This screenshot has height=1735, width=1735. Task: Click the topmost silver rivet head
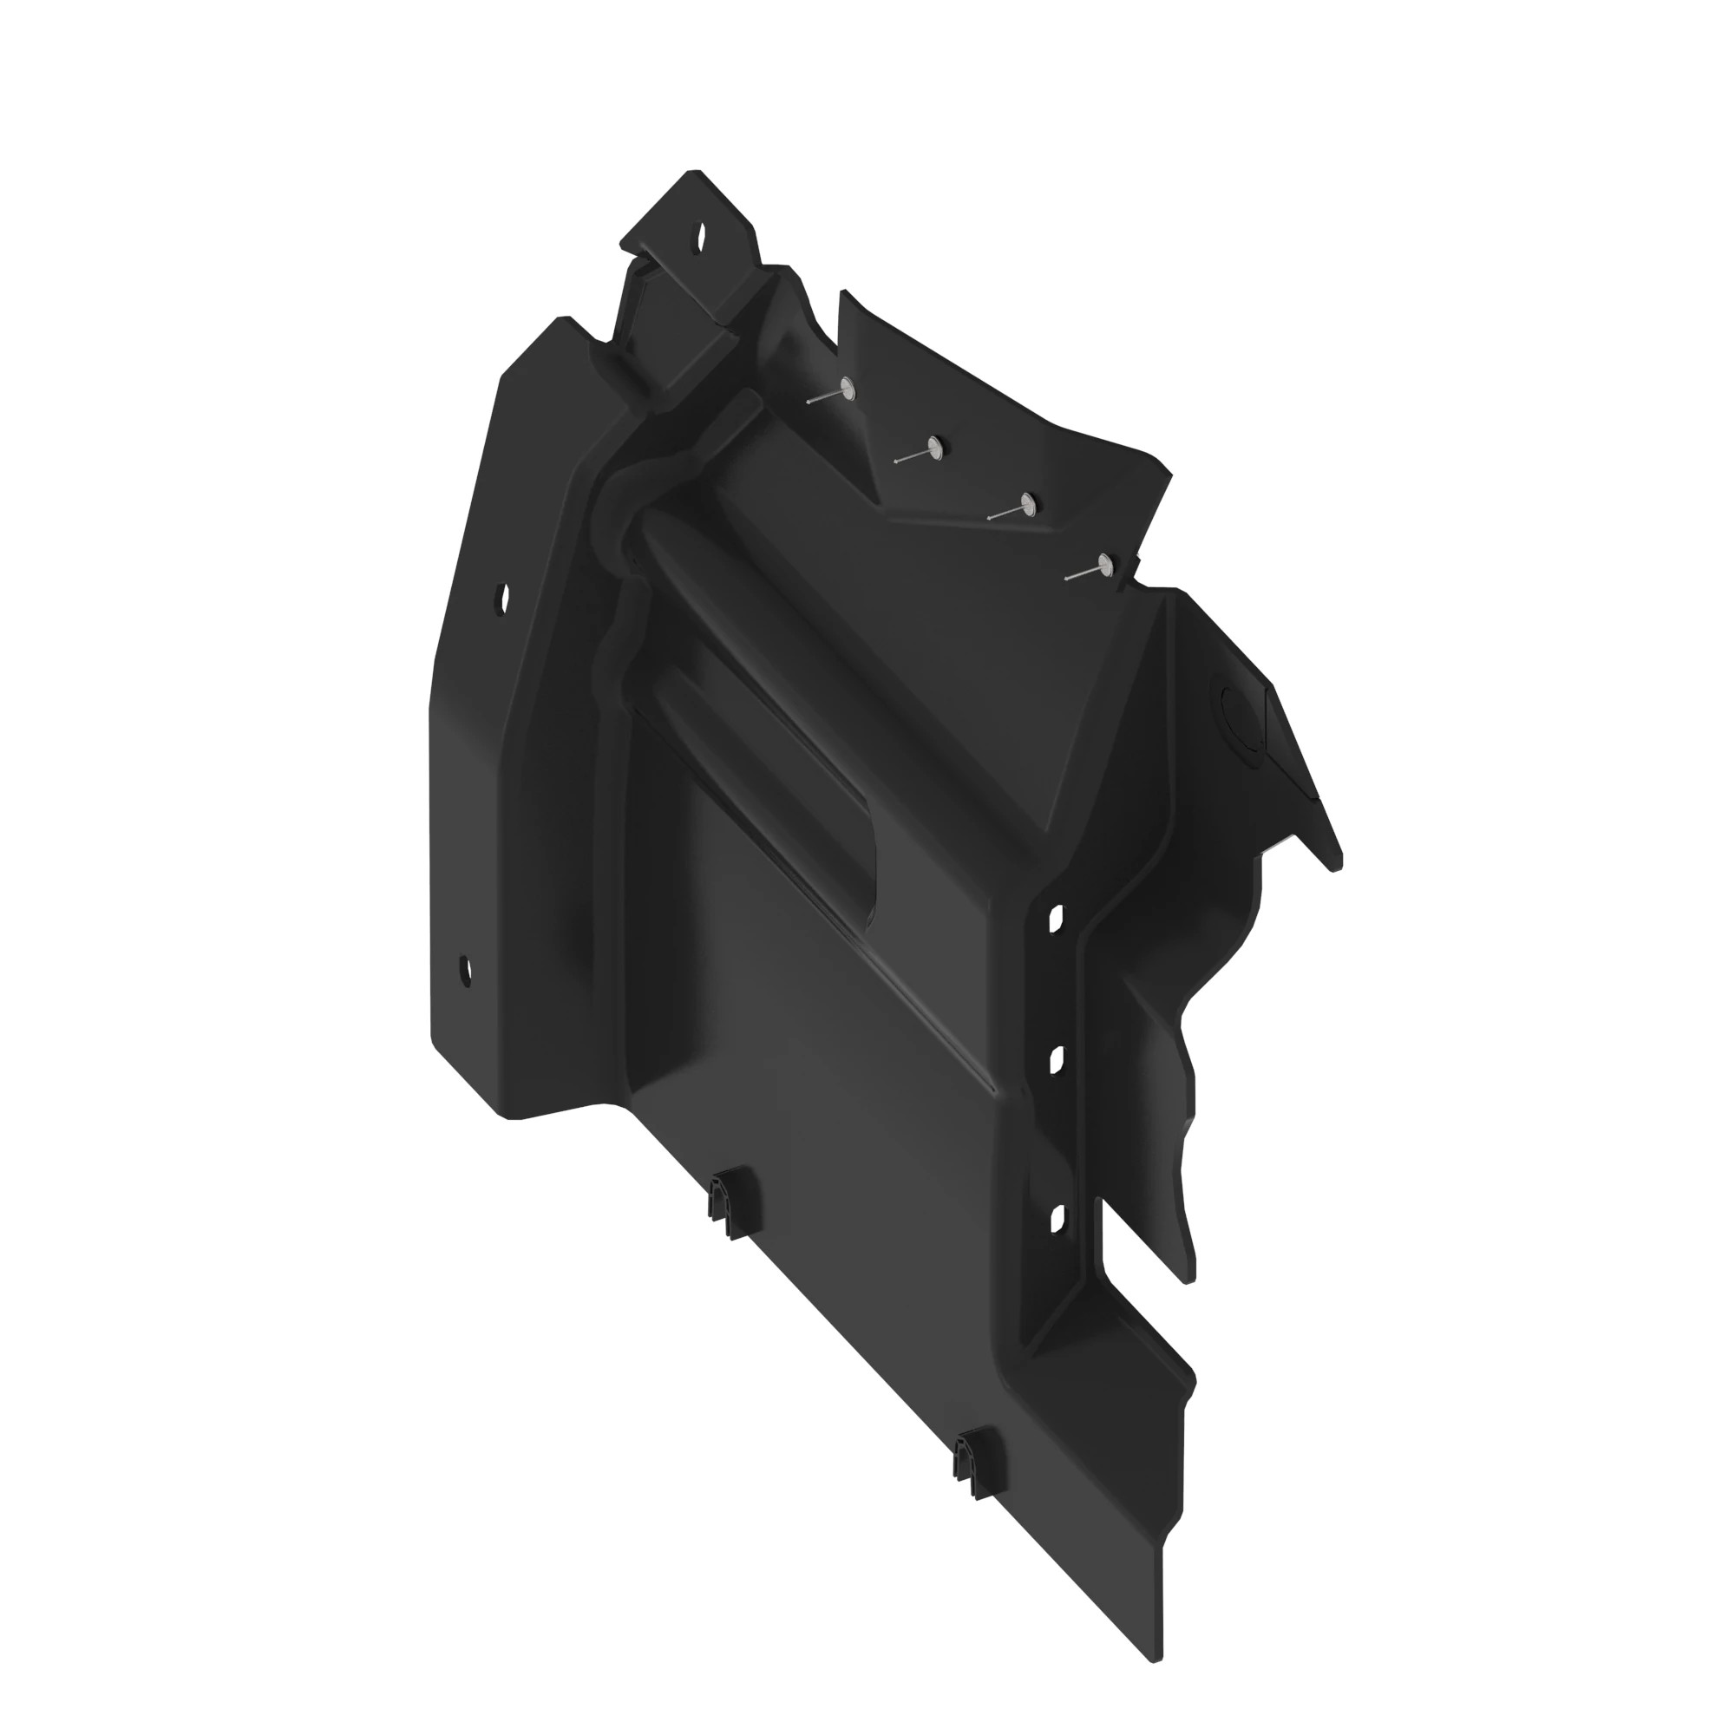[846, 387]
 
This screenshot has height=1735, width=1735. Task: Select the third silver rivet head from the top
[1026, 503]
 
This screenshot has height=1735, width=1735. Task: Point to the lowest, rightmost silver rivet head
[1104, 563]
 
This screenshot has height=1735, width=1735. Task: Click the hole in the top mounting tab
[701, 236]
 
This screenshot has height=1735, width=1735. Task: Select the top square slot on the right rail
[1056, 916]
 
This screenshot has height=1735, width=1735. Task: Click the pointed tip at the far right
[1338, 867]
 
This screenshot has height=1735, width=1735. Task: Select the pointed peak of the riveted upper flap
[842, 295]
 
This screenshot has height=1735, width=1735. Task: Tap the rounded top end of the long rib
[648, 519]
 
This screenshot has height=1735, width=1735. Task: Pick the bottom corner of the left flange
[514, 1118]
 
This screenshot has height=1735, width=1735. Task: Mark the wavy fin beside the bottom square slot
[1176, 1195]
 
